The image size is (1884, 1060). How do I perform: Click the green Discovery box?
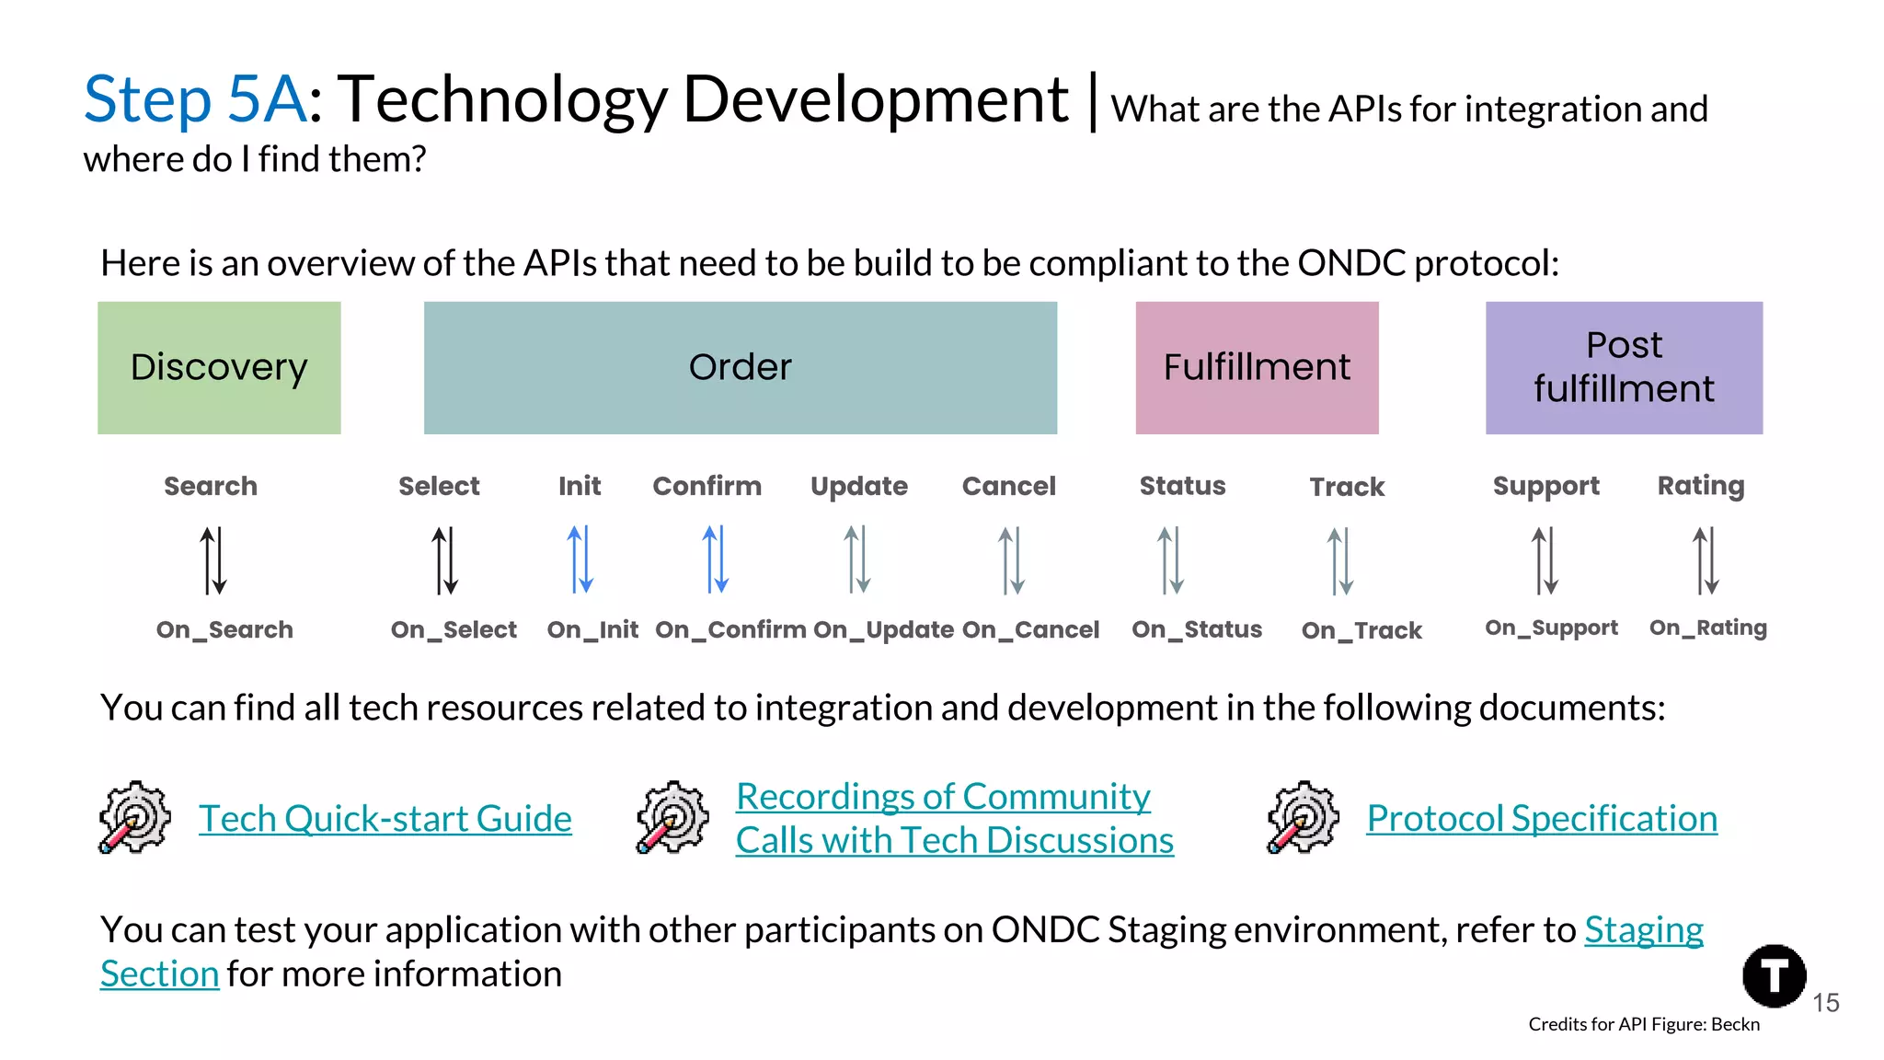pos(219,367)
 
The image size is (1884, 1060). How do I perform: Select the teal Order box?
pos(740,367)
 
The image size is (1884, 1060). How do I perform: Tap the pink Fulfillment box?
pos(1257,367)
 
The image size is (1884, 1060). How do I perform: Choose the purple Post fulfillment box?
pos(1624,367)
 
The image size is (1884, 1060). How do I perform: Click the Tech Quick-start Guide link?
pos(385,818)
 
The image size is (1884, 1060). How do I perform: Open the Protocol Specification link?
pos(1542,818)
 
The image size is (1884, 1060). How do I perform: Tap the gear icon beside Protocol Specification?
pos(1303,817)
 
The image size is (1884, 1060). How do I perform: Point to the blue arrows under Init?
pos(580,559)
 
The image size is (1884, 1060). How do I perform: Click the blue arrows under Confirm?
pos(715,559)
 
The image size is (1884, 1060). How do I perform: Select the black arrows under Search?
pos(213,559)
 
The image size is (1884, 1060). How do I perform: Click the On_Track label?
pos(1361,630)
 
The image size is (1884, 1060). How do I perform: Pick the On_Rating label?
pos(1707,628)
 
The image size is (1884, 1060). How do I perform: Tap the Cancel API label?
pos(1008,486)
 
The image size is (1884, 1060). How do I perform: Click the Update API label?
pos(858,486)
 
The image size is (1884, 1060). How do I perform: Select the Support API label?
pos(1545,486)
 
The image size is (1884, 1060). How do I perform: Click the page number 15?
pos(1825,1003)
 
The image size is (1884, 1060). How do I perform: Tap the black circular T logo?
pos(1774,975)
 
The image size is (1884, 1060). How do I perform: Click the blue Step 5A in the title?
pos(194,99)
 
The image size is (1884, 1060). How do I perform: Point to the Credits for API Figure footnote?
pos(1643,1024)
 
